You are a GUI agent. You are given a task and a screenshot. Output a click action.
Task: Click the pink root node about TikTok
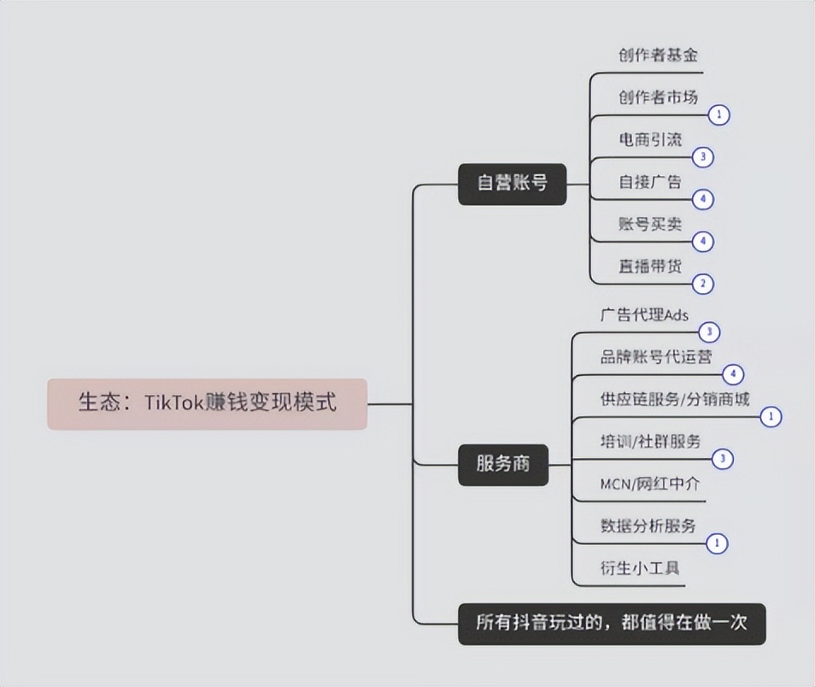208,403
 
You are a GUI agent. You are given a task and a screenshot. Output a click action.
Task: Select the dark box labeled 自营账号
512,184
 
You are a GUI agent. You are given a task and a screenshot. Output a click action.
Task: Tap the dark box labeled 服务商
503,465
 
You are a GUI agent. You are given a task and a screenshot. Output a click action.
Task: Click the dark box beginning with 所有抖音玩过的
612,624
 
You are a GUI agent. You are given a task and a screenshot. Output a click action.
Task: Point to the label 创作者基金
658,56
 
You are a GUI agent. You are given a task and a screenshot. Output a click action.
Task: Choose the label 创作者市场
658,97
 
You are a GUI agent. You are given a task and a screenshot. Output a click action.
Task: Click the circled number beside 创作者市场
719,115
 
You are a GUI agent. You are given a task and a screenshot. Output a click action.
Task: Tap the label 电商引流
650,139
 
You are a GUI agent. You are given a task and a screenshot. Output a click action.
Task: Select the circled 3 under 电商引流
703,157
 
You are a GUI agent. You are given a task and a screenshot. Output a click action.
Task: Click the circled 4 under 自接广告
703,199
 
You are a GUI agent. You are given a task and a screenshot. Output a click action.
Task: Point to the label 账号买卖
650,224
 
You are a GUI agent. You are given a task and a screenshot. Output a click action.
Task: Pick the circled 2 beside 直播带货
703,284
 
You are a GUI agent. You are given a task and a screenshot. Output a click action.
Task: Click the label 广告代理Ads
644,314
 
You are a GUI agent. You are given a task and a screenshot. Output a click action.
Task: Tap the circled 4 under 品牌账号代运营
733,374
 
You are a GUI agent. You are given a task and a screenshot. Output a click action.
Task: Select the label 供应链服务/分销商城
675,399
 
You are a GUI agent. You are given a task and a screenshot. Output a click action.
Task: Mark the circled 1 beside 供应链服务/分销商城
771,417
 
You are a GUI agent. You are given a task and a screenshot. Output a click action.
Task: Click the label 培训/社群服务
651,442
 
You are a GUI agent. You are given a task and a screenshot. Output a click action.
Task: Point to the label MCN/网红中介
650,484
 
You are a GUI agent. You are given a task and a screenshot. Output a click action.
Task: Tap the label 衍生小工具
640,568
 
